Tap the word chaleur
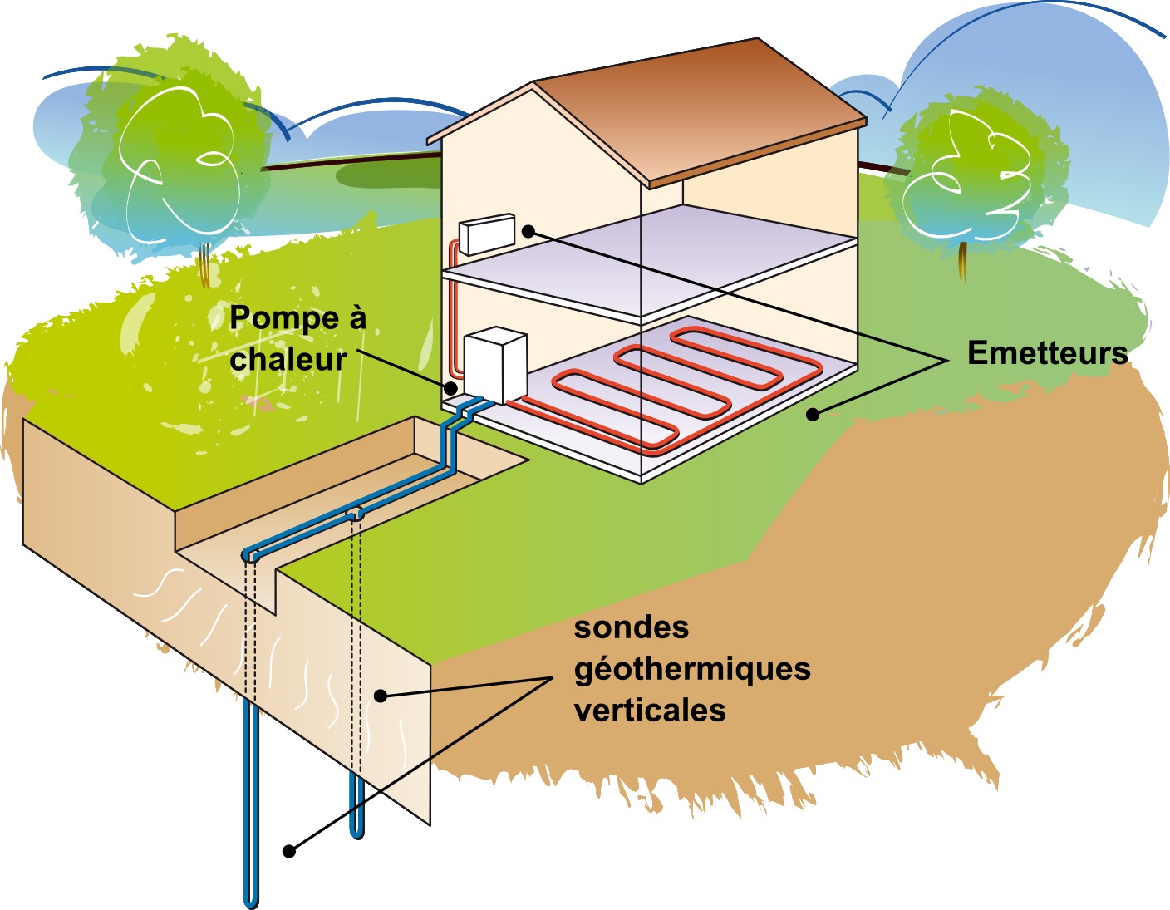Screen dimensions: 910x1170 [x=288, y=359]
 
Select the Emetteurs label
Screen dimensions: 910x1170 [x=1047, y=353]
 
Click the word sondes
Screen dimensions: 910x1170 [x=632, y=627]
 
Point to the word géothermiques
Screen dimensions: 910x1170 [x=692, y=669]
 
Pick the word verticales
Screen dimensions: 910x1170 [x=650, y=711]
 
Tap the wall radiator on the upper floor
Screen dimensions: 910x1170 [x=487, y=234]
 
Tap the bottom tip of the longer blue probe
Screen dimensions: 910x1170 [x=251, y=902]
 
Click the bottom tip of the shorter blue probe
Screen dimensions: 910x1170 [x=357, y=834]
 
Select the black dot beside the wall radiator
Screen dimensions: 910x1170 [x=528, y=231]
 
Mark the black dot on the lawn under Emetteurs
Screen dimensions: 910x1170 [x=813, y=414]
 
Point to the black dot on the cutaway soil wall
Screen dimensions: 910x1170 [x=381, y=696]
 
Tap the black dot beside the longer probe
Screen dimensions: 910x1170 [x=289, y=851]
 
